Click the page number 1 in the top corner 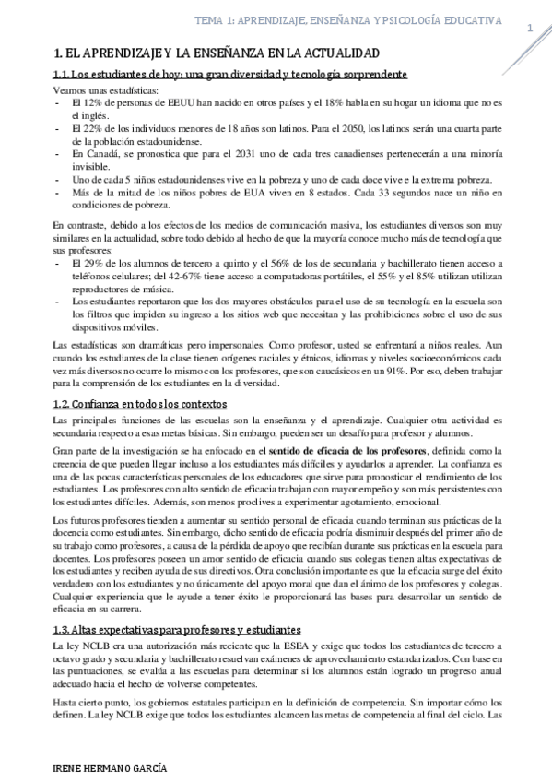pyautogui.click(x=531, y=29)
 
